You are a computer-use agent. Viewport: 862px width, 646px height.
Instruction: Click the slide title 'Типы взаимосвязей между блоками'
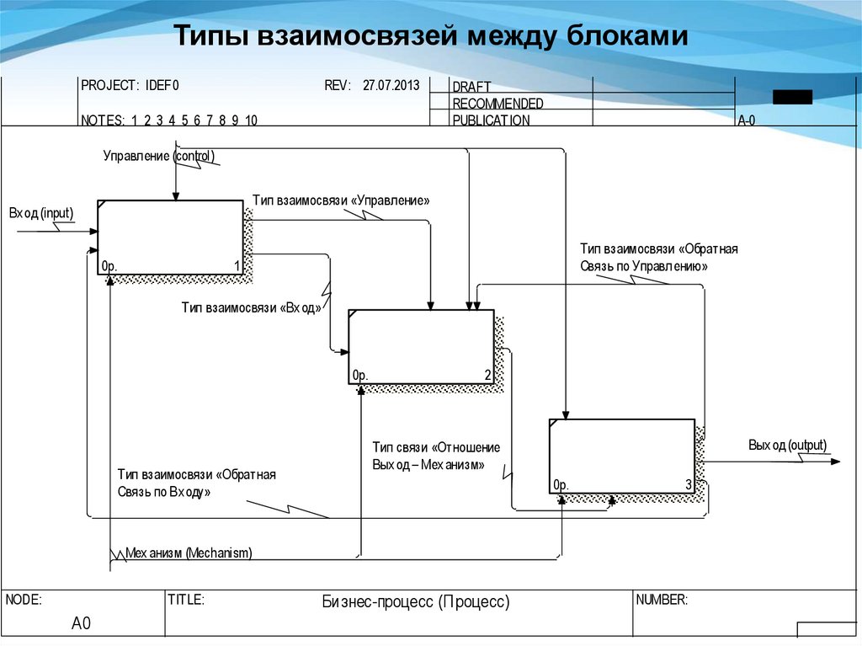431,37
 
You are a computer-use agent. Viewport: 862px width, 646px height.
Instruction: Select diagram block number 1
170,238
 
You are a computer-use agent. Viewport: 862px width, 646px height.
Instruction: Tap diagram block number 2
421,346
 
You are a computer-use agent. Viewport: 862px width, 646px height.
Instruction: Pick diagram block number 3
622,456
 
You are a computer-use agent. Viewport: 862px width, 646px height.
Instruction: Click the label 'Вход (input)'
41,213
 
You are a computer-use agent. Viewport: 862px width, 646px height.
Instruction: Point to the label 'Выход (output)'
787,446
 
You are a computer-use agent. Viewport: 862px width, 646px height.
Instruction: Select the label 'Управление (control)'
159,156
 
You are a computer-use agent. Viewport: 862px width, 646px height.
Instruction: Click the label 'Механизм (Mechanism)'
189,553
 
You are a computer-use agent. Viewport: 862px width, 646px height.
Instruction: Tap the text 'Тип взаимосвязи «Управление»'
341,201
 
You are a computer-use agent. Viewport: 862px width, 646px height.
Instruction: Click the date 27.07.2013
391,86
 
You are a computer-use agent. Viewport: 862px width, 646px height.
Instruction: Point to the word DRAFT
471,88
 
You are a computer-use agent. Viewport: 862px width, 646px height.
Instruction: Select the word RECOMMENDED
498,104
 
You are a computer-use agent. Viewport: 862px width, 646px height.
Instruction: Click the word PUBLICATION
491,120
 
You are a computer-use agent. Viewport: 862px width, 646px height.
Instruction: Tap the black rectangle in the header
792,97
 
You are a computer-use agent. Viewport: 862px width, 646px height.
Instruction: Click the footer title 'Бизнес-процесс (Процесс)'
416,602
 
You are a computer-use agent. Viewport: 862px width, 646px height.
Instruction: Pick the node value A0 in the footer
81,624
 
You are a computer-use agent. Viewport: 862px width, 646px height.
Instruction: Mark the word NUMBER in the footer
662,601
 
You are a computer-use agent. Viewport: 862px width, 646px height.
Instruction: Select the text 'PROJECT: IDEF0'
130,86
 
